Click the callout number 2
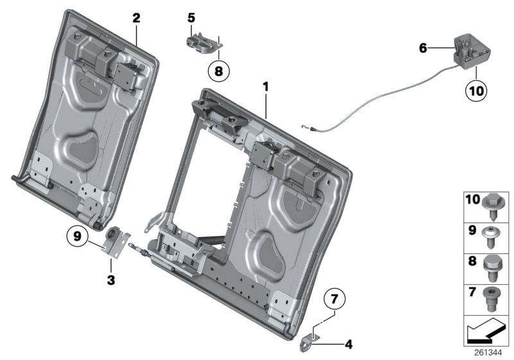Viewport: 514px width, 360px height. pos(136,18)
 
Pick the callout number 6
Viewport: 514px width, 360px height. pos(422,47)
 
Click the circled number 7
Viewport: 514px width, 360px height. pos(333,300)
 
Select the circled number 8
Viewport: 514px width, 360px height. pos(218,72)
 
